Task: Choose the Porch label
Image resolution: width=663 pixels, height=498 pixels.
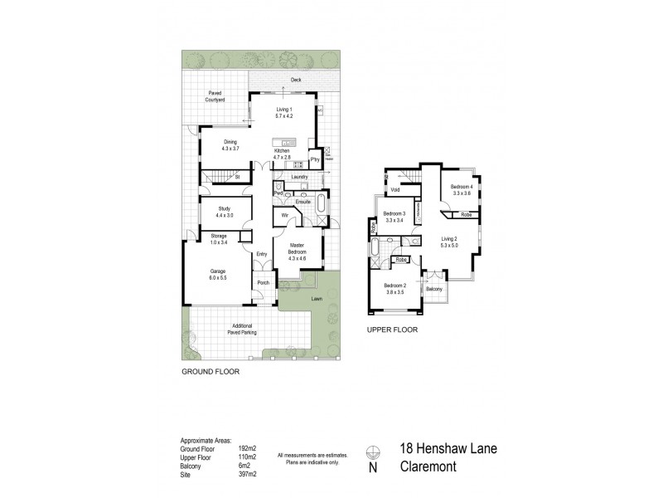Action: (x=264, y=283)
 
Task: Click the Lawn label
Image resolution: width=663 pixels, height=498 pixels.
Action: (x=317, y=298)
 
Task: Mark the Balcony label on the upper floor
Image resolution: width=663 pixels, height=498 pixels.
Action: (x=433, y=289)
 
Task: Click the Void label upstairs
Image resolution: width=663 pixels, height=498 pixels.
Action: (x=395, y=189)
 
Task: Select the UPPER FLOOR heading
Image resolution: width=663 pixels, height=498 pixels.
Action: (x=392, y=330)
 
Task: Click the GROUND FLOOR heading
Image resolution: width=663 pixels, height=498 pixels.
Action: (x=211, y=372)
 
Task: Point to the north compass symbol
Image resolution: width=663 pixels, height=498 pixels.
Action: (x=374, y=453)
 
